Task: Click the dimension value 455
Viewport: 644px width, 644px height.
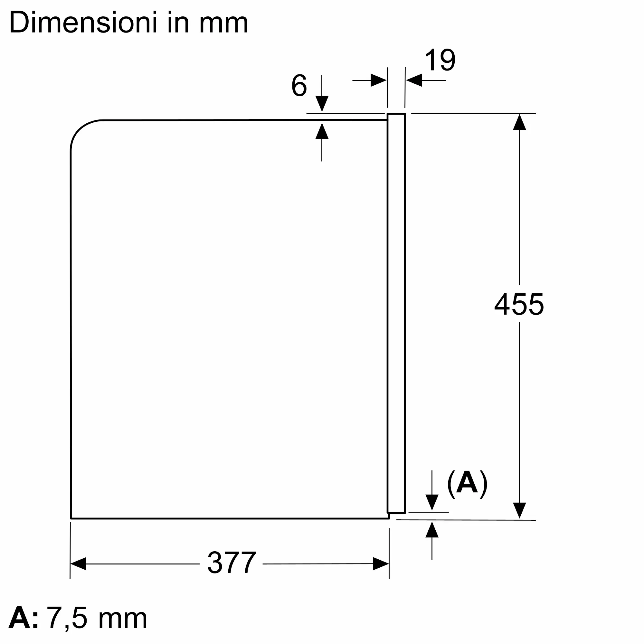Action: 519,304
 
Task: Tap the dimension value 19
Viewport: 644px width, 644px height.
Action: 440,60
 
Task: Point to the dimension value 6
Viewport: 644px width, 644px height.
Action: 299,85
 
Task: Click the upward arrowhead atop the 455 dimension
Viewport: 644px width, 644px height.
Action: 519,122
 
